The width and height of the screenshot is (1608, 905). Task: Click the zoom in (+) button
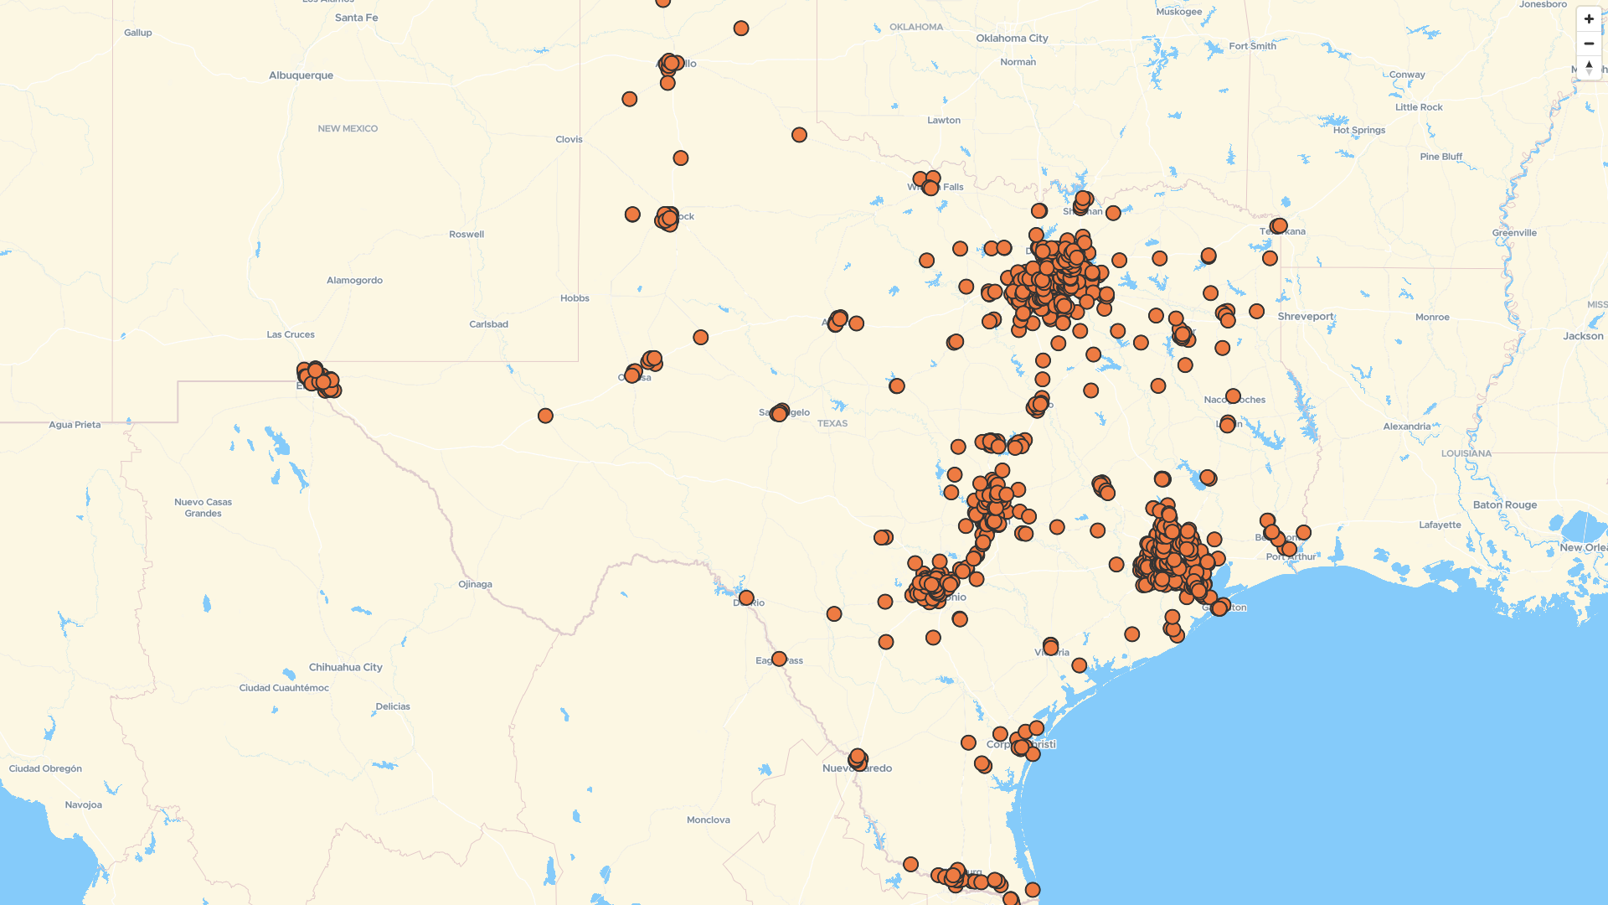tap(1589, 18)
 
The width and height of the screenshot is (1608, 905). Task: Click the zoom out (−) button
tap(1589, 44)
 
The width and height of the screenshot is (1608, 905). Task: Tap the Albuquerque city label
tap(301, 75)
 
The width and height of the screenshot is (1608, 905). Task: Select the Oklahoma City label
tap(1012, 39)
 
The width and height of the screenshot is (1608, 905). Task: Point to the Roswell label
tap(466, 235)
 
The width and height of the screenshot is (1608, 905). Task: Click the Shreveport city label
tap(1306, 317)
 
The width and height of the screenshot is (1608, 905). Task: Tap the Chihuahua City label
tap(345, 668)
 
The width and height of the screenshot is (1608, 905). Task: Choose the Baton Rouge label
tap(1505, 505)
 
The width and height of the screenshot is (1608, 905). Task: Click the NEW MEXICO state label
tap(348, 129)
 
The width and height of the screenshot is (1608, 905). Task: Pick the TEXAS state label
tap(832, 424)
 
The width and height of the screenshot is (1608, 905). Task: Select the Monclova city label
tap(708, 820)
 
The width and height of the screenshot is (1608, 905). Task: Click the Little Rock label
tap(1419, 107)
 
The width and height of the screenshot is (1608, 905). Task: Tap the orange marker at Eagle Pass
tap(779, 659)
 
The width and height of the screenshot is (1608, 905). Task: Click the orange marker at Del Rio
tap(746, 598)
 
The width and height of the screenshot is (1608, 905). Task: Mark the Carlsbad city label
tap(488, 324)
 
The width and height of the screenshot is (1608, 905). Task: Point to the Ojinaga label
tap(475, 585)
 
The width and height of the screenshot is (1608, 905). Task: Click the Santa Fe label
tap(356, 18)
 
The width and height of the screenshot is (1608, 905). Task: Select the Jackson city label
tap(1583, 336)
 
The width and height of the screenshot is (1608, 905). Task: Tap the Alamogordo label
tap(354, 281)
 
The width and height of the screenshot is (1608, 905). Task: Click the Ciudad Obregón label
tap(45, 769)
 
